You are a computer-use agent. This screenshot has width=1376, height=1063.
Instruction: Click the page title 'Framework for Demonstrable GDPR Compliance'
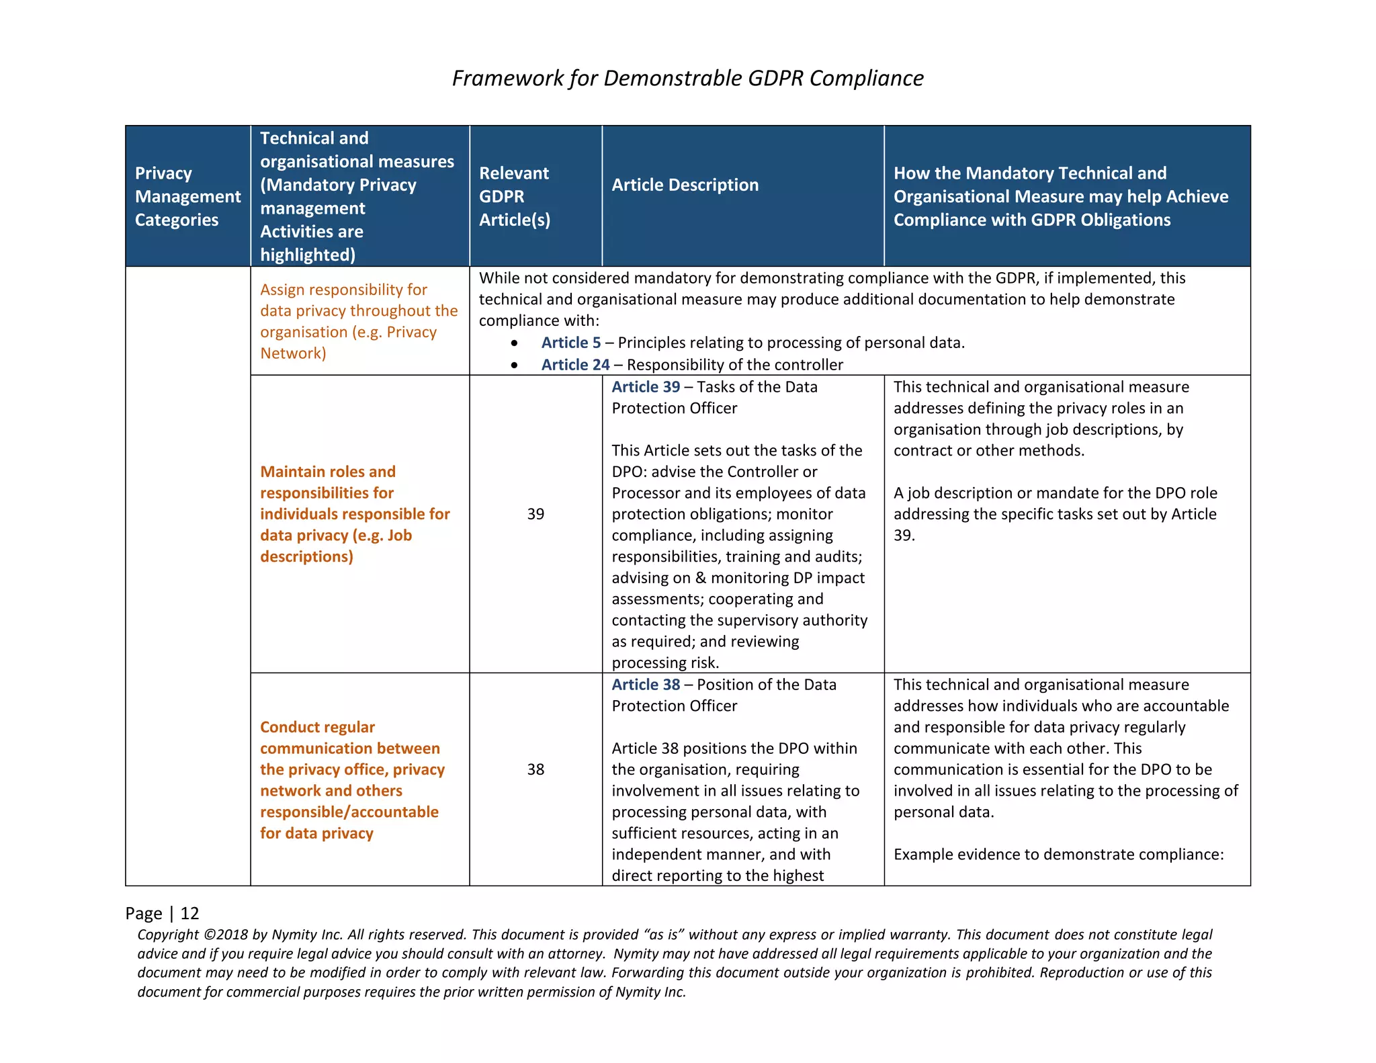click(x=687, y=78)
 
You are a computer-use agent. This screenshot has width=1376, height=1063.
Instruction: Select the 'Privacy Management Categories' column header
click(x=187, y=196)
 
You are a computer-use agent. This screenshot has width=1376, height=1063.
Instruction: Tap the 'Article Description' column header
click(x=685, y=185)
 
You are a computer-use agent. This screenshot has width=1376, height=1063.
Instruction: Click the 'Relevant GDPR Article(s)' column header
click(x=514, y=196)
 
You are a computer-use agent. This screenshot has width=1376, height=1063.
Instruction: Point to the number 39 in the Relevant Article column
click(x=535, y=514)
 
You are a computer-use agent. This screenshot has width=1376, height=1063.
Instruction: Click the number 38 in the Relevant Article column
click(x=535, y=769)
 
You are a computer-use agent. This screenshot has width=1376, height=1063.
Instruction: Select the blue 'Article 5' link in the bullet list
click(x=570, y=343)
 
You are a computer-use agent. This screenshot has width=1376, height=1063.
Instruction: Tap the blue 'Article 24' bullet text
click(x=575, y=365)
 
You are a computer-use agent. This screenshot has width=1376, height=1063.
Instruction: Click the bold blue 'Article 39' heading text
click(x=645, y=387)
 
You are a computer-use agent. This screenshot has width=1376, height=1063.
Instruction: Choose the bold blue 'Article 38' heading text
click(x=645, y=685)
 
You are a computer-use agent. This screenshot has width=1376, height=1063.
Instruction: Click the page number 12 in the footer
click(x=189, y=913)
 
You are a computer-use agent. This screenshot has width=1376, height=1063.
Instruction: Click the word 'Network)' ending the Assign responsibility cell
click(x=293, y=353)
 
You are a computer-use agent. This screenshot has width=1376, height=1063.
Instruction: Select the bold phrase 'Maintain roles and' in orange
click(x=328, y=472)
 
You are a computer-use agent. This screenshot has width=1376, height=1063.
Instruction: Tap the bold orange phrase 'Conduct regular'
click(x=317, y=727)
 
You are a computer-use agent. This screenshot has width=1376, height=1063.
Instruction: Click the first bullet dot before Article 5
click(x=514, y=343)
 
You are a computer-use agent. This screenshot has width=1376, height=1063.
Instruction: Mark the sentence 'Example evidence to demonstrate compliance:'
click(x=1058, y=855)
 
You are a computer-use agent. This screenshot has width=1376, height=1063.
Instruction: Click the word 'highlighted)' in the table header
click(x=308, y=255)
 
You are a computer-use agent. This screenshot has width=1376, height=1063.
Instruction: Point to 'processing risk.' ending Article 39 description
click(x=665, y=663)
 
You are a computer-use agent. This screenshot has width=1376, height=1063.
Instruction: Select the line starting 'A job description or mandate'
click(x=1055, y=493)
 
